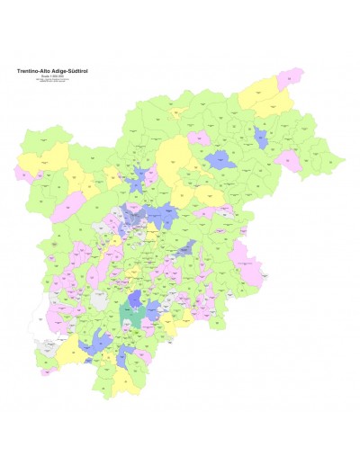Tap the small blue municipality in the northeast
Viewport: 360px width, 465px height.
click(x=261, y=139)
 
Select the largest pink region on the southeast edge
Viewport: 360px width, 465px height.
click(x=261, y=266)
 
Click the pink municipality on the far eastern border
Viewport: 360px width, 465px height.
click(x=289, y=160)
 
